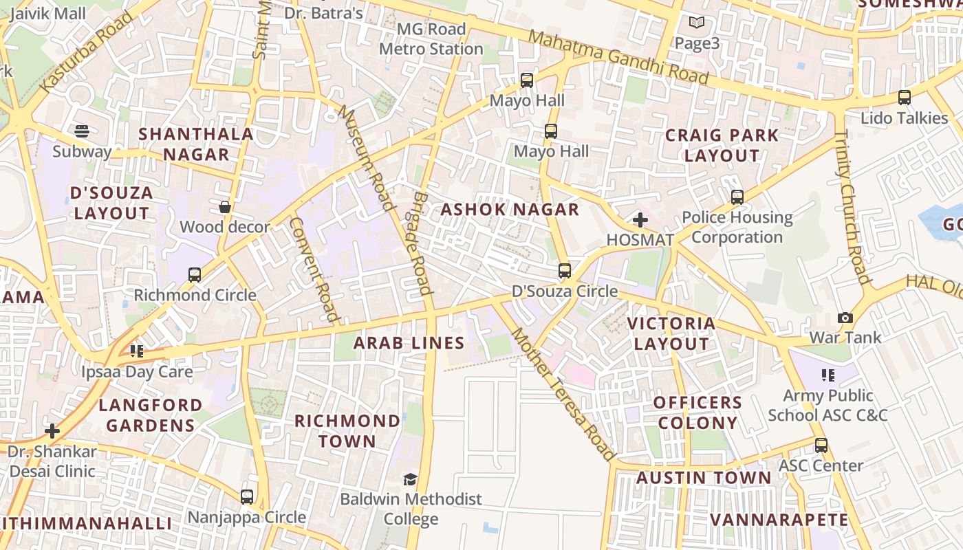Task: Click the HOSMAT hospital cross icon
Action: point(640,220)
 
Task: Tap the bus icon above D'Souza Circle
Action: point(565,271)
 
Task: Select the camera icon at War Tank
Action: point(845,318)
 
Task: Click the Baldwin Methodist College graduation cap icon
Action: point(411,479)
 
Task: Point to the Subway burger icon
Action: point(82,131)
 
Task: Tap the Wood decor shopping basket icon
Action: point(225,206)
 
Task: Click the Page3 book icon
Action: point(697,23)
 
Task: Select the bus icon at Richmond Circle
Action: point(195,275)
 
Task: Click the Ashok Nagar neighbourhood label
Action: point(510,210)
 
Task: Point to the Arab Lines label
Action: point(409,342)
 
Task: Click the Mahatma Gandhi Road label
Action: point(618,58)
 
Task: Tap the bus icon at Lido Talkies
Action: point(905,98)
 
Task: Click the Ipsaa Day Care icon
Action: point(137,351)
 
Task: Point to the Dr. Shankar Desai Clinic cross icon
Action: point(52,431)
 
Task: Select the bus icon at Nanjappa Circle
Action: point(247,496)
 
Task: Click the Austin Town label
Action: point(704,478)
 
